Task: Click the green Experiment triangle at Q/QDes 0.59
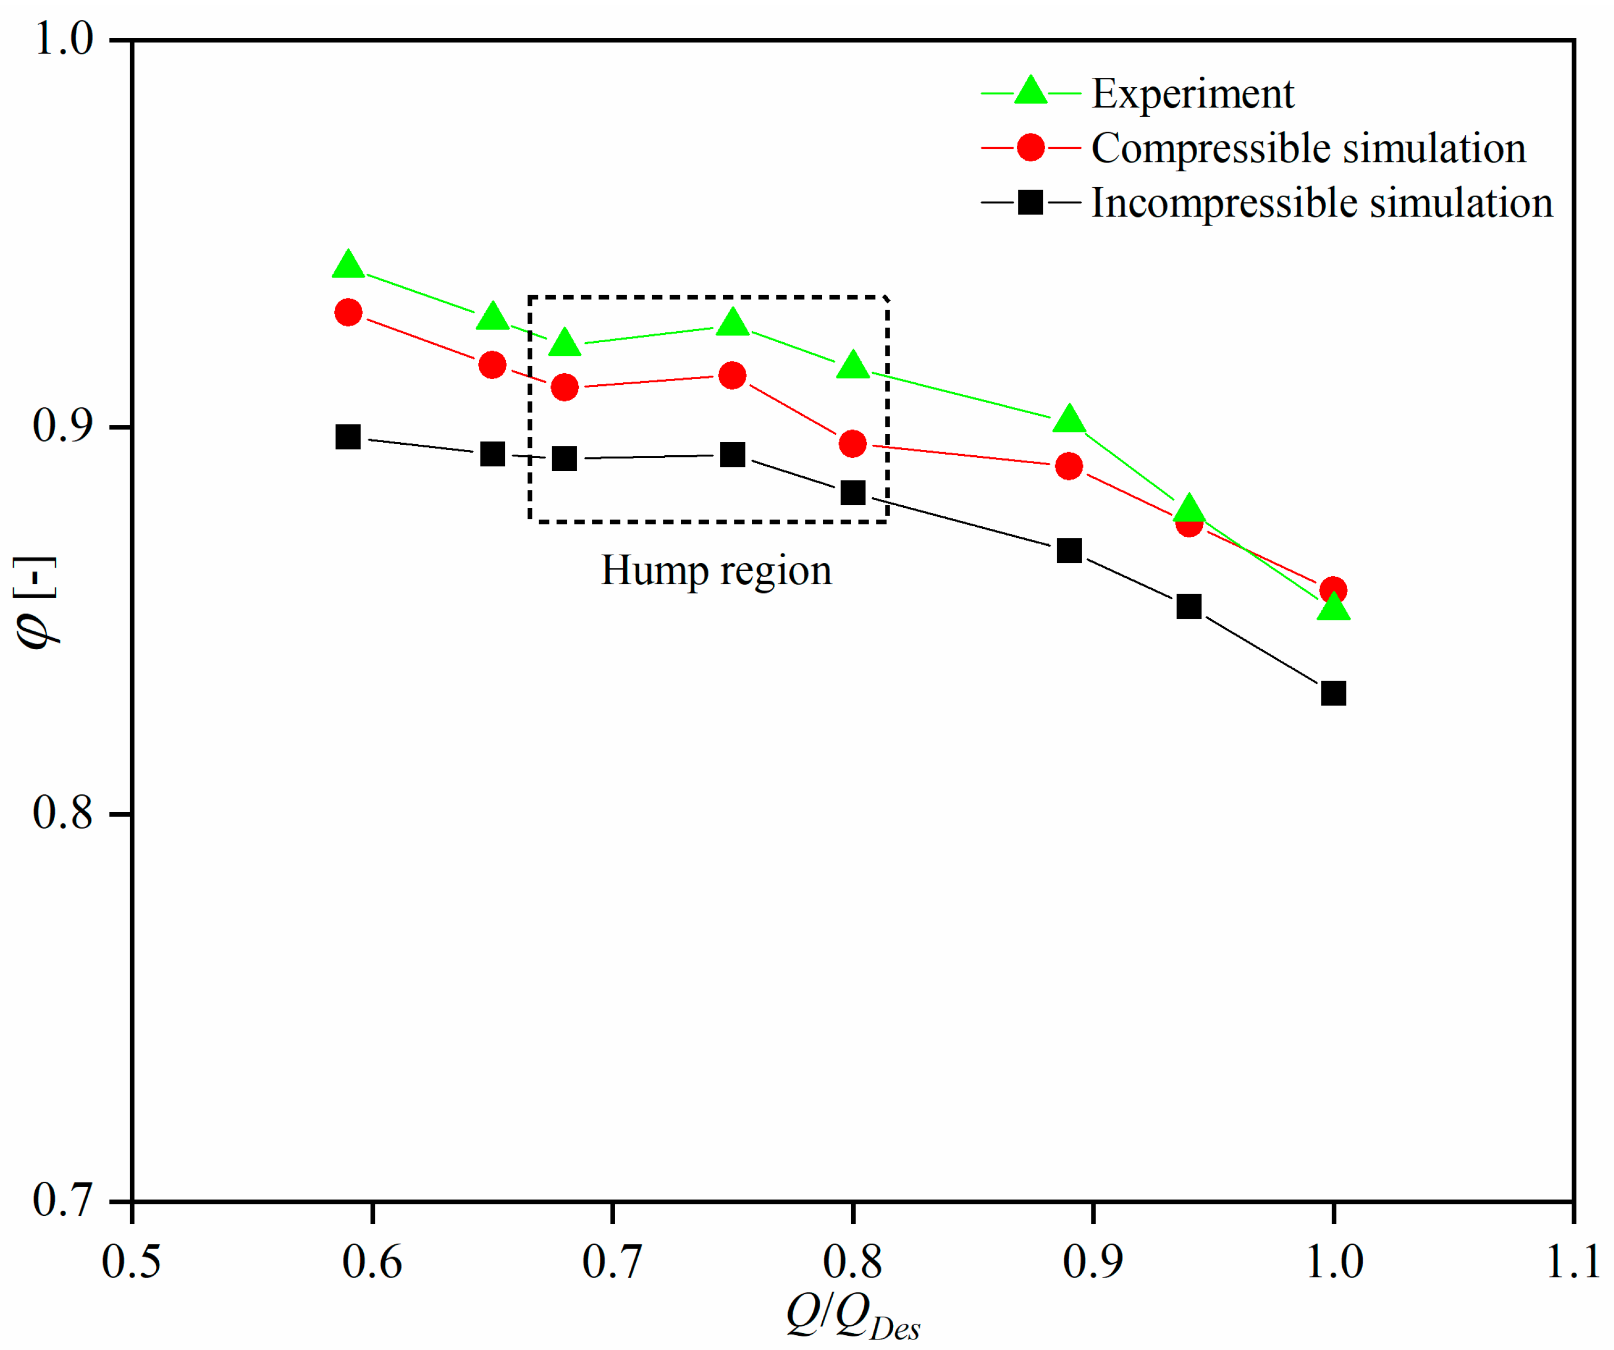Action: tap(348, 265)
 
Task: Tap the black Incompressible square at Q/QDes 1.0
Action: tap(1333, 693)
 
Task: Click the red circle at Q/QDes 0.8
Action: tap(852, 443)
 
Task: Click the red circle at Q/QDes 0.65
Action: tap(492, 365)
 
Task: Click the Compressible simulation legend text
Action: tap(1308, 148)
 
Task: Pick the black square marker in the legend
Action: tap(1030, 203)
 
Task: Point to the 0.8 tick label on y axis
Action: tap(63, 813)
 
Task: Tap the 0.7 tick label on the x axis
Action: tap(612, 1262)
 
